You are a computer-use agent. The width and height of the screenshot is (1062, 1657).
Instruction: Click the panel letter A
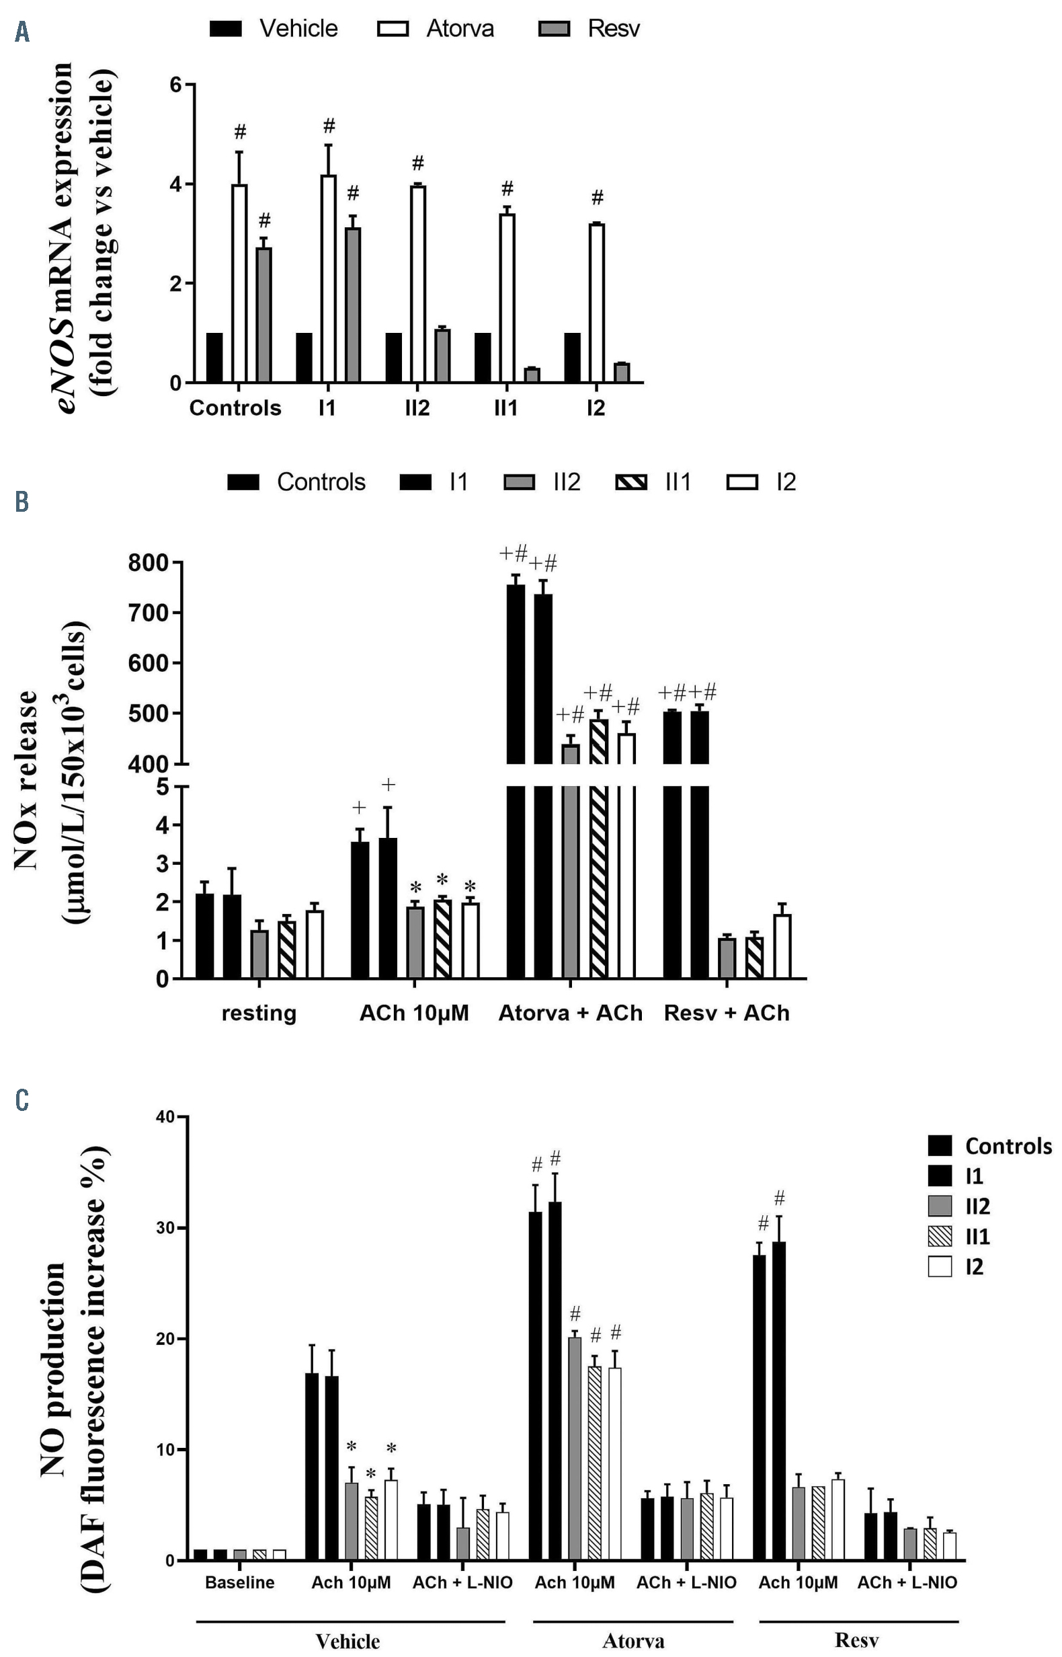pyautogui.click(x=22, y=31)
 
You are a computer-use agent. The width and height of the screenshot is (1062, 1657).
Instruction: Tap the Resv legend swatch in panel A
pyautogui.click(x=553, y=28)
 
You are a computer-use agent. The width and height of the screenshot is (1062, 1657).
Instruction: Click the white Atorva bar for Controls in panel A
pyautogui.click(x=239, y=283)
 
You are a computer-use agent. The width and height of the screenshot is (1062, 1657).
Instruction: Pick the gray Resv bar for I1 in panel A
pyautogui.click(x=352, y=305)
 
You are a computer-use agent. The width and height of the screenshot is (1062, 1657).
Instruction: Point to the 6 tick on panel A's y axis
pyautogui.click(x=176, y=85)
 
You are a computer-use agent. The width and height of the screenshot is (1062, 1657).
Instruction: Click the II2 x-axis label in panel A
pyautogui.click(x=417, y=408)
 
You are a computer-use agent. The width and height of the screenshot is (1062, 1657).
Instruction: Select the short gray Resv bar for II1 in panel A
pyautogui.click(x=532, y=375)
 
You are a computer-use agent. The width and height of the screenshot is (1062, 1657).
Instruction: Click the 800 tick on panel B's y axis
pyautogui.click(x=149, y=563)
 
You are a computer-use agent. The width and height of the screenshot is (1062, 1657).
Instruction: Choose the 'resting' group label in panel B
pyautogui.click(x=259, y=1013)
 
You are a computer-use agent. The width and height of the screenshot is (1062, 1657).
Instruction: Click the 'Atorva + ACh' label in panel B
pyautogui.click(x=570, y=1013)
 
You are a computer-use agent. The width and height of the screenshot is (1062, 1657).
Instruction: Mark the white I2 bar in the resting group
pyautogui.click(x=315, y=943)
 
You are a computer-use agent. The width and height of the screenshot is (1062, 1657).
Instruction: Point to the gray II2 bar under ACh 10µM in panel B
pyautogui.click(x=415, y=942)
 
